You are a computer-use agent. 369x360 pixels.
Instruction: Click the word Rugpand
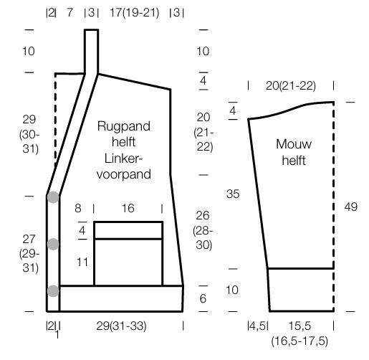coord(124,127)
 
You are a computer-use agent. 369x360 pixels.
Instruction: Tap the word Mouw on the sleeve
coord(294,144)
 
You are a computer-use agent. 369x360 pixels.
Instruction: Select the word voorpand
coord(124,174)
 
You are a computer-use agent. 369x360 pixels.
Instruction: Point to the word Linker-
coord(123,158)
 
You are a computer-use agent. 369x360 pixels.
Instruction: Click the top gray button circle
coord(53,197)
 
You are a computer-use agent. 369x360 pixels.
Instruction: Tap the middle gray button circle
coord(53,244)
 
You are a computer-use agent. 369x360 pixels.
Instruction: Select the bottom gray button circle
coord(53,291)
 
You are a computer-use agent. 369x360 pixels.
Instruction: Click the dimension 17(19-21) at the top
coord(134,12)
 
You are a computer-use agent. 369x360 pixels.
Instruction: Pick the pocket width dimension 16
coord(128,208)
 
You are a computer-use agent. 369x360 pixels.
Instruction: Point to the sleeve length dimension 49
coord(350,207)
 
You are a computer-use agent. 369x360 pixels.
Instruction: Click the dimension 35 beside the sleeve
coord(233,194)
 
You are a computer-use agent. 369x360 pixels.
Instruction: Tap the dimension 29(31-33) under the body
coord(121,326)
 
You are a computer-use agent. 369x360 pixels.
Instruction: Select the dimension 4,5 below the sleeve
coord(257,326)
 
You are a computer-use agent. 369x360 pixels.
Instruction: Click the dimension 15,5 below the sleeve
coord(299,326)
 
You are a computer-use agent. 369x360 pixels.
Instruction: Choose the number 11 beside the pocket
coord(82,262)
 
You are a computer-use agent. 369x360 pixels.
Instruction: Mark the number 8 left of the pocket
coord(78,208)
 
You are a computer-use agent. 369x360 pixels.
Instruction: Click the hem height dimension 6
coord(203,298)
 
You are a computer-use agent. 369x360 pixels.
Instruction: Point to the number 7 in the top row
coord(70,12)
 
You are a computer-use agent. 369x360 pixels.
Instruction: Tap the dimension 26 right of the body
coord(203,216)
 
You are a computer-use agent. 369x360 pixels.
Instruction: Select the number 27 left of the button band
coord(29,240)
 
